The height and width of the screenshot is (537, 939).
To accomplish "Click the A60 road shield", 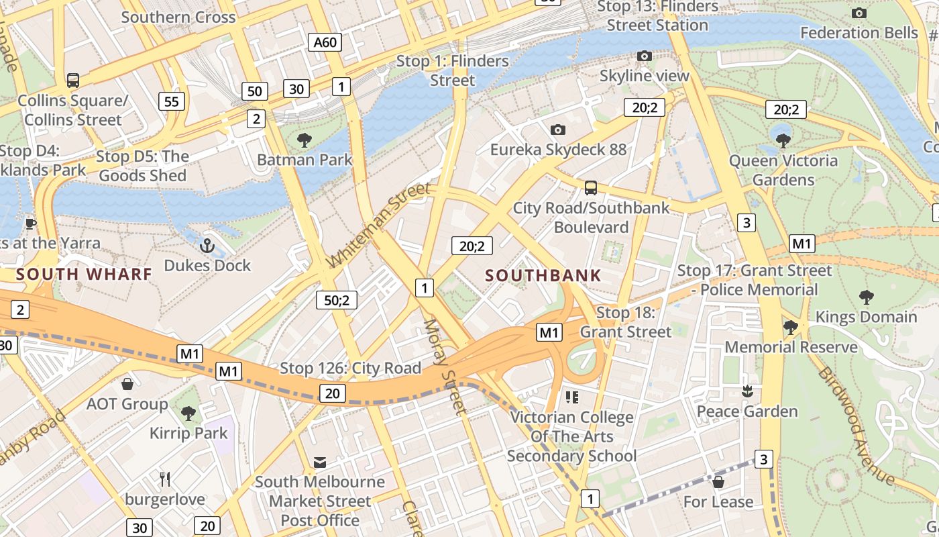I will (x=325, y=42).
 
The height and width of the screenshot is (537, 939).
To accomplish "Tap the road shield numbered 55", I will (x=172, y=101).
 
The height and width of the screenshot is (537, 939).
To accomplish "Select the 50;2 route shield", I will (x=337, y=300).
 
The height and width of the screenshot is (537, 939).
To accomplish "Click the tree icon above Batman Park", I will (x=305, y=140).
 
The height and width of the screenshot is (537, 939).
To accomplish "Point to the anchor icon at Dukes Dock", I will (x=207, y=246).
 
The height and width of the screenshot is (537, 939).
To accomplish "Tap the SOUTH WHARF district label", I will (x=84, y=274).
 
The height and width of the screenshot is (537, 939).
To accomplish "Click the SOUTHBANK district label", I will (x=543, y=275).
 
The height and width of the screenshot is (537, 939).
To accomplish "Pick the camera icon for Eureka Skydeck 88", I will (x=557, y=130).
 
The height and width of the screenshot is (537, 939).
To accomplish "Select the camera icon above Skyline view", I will (x=645, y=56).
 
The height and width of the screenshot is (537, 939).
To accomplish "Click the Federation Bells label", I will (x=859, y=32).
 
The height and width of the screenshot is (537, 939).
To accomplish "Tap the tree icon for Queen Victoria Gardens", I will (x=783, y=141).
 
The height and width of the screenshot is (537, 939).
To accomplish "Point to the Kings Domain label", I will (x=866, y=316).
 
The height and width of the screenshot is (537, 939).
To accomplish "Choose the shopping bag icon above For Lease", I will (x=718, y=482).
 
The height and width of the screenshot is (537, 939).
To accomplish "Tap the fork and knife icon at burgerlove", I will (x=165, y=479).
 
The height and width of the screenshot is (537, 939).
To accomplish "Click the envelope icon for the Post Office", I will (x=320, y=462).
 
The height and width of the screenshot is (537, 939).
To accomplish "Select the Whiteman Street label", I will (x=378, y=225).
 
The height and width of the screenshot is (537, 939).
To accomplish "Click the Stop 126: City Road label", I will (x=350, y=368).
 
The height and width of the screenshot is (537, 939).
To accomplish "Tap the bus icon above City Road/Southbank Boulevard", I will (x=591, y=188).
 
